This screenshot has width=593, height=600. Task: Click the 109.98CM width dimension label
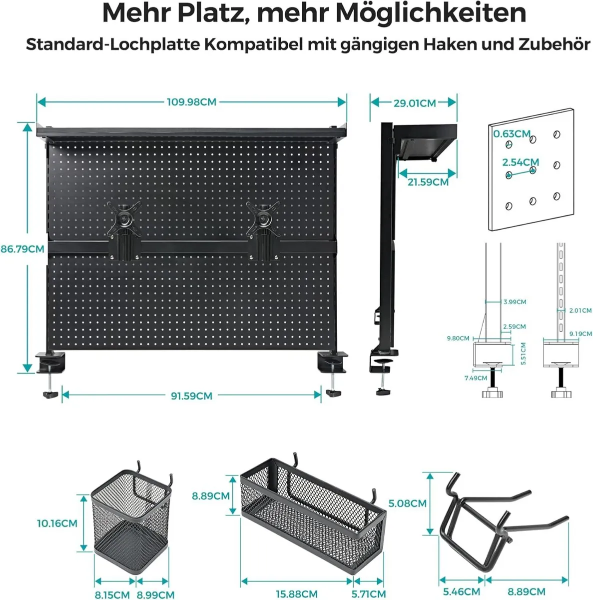[x=191, y=102]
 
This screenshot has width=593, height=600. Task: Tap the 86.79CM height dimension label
[x=22, y=248]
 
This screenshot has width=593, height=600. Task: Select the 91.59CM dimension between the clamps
[x=191, y=395]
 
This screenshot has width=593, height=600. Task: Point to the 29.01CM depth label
[x=415, y=103]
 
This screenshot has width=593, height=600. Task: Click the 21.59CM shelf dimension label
[x=428, y=182]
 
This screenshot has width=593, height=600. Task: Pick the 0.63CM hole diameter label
[x=512, y=133]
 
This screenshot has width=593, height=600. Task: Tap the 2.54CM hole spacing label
[x=521, y=162]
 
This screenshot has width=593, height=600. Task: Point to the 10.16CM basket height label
[x=57, y=523]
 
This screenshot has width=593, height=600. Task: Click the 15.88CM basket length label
[x=296, y=594]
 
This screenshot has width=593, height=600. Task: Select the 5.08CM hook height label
[x=407, y=503]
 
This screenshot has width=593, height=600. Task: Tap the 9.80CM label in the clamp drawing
[x=458, y=338]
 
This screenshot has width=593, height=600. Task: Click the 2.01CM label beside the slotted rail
[x=580, y=310]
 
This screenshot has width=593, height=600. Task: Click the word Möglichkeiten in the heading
[x=431, y=13]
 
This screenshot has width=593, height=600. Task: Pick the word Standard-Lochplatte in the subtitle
[x=113, y=44]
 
